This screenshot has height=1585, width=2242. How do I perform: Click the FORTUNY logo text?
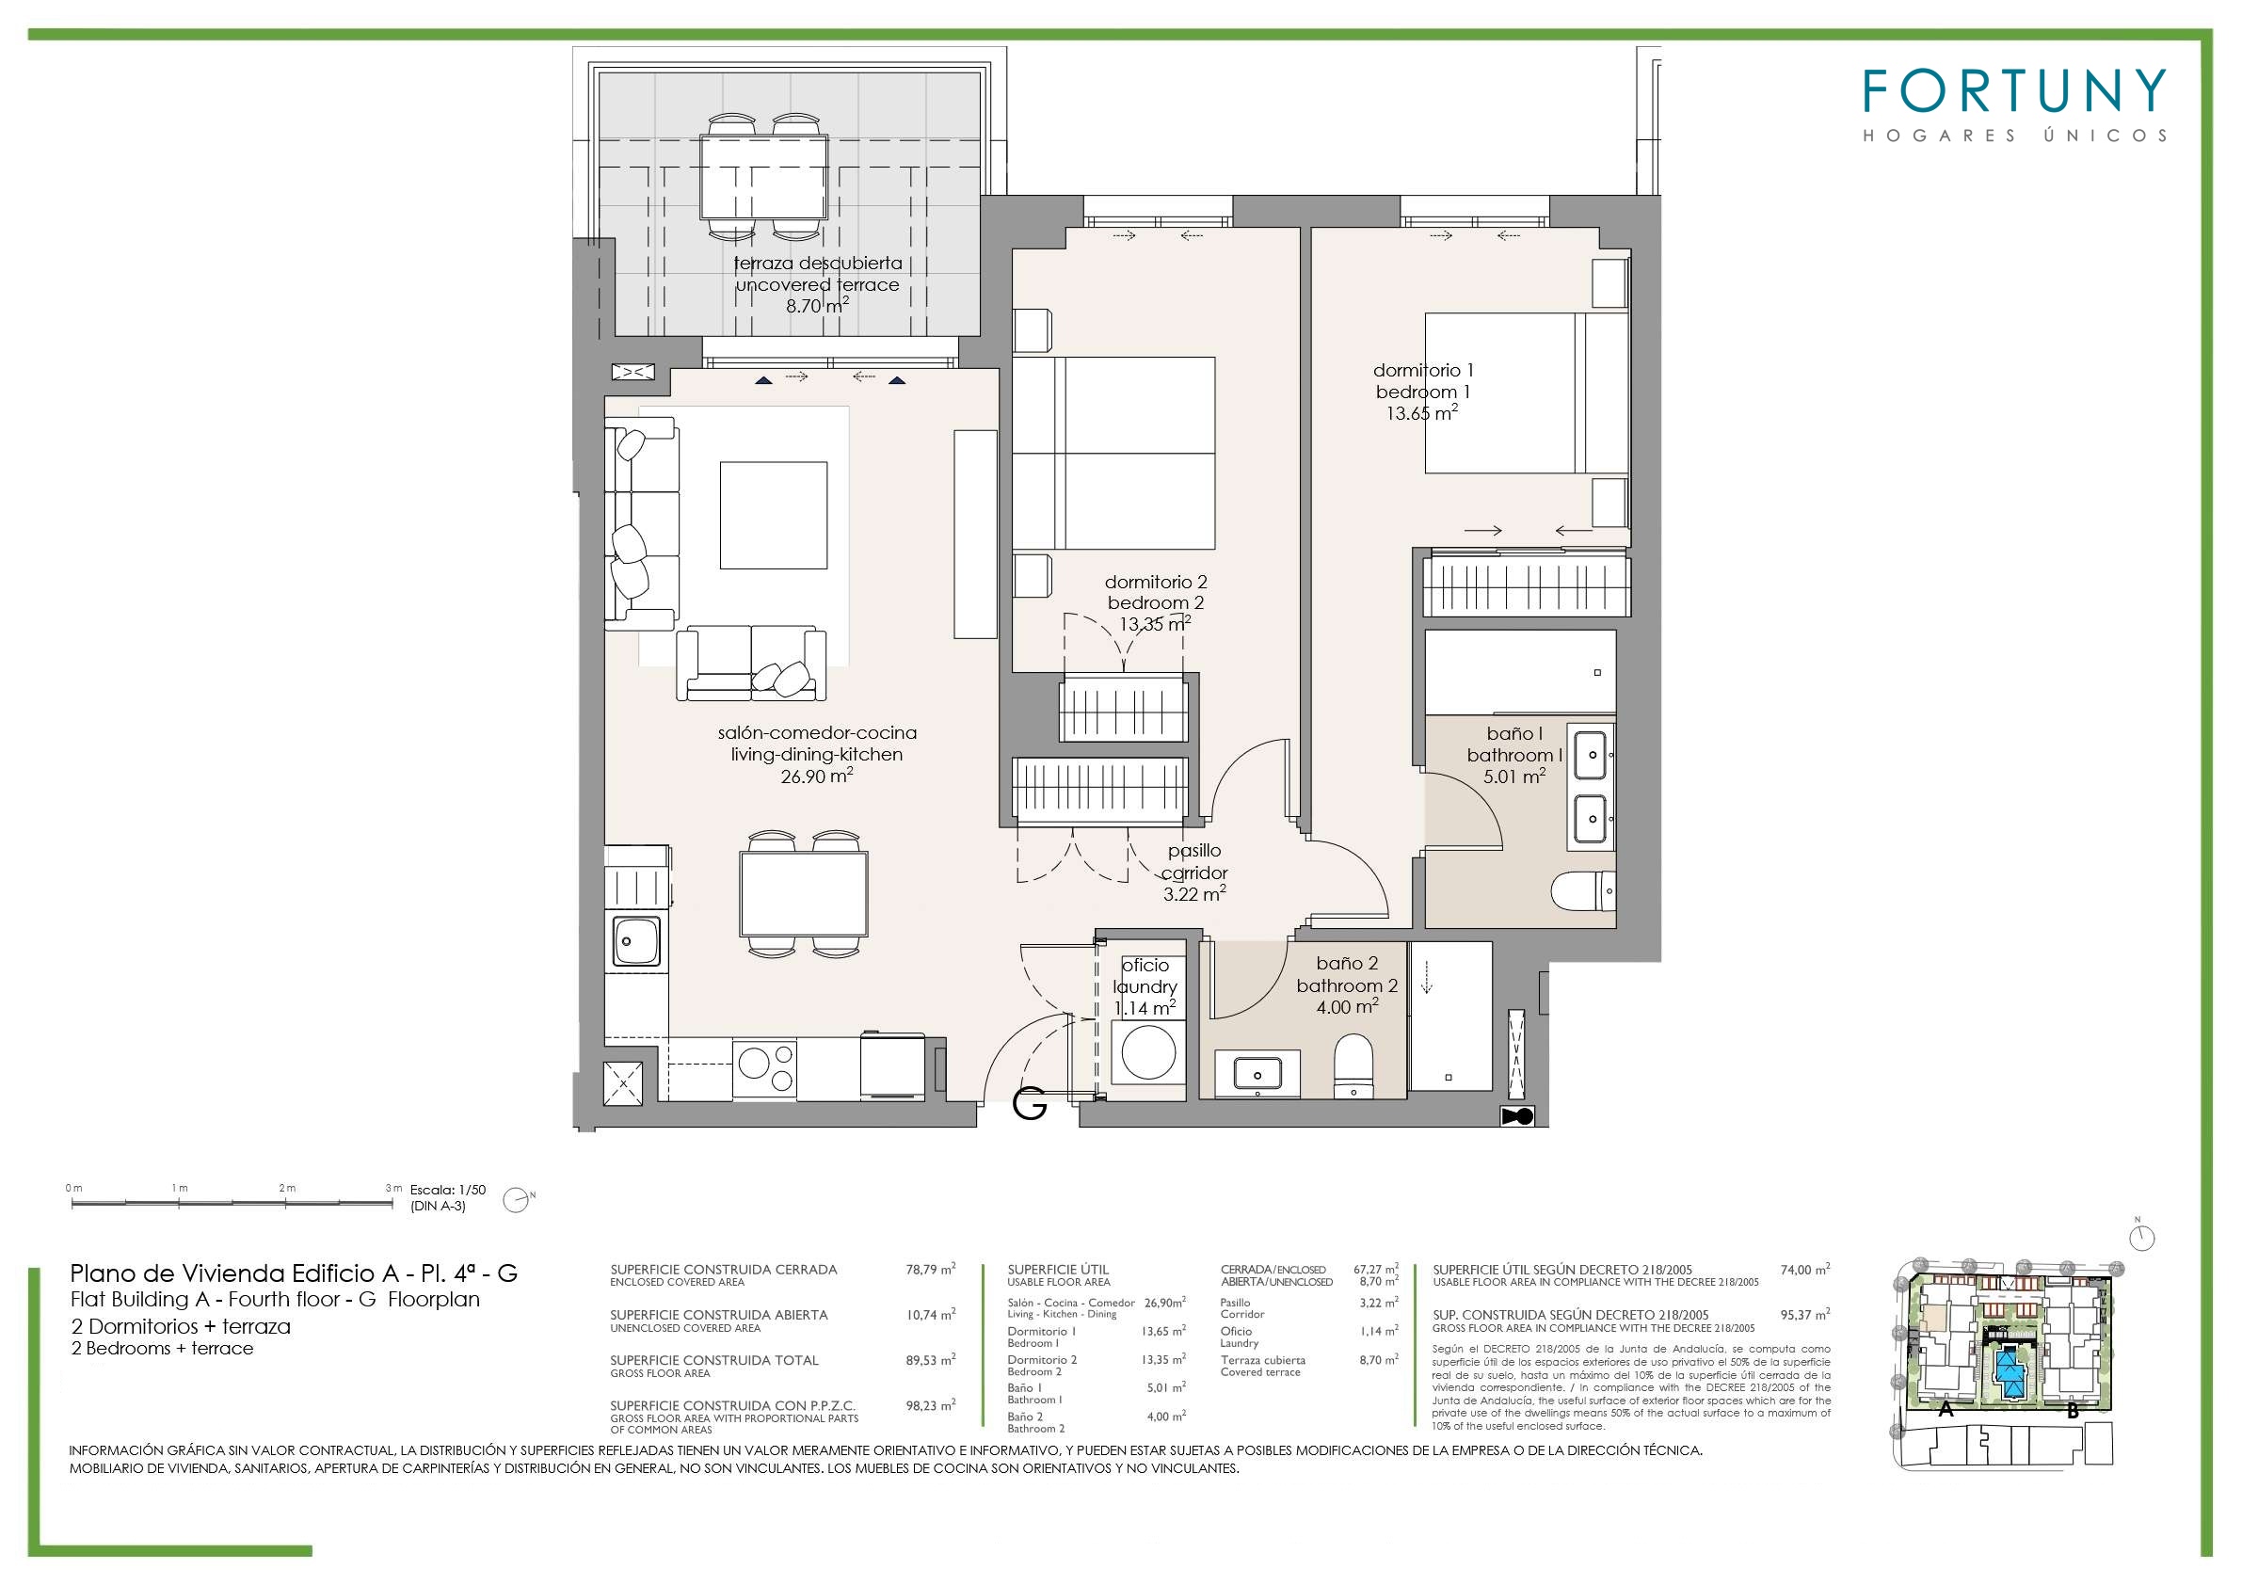pos(2014,90)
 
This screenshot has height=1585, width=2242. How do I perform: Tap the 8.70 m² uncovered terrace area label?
pos(817,306)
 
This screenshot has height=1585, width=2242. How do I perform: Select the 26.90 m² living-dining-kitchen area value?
pos(817,776)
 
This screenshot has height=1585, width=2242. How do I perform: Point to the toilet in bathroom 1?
pos(1583,890)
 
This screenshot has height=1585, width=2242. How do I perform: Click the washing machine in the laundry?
pos(1148,1051)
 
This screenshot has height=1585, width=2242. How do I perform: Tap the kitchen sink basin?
pos(634,941)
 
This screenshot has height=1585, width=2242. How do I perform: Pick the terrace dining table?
pos(763,177)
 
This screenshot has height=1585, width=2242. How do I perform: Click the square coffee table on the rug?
pos(774,515)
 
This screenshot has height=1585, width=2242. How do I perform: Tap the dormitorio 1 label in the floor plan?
pos(1423,370)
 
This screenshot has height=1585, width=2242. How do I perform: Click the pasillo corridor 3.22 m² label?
pos(1194,873)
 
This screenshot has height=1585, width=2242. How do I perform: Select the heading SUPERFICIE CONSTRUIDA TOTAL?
pos(714,1359)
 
